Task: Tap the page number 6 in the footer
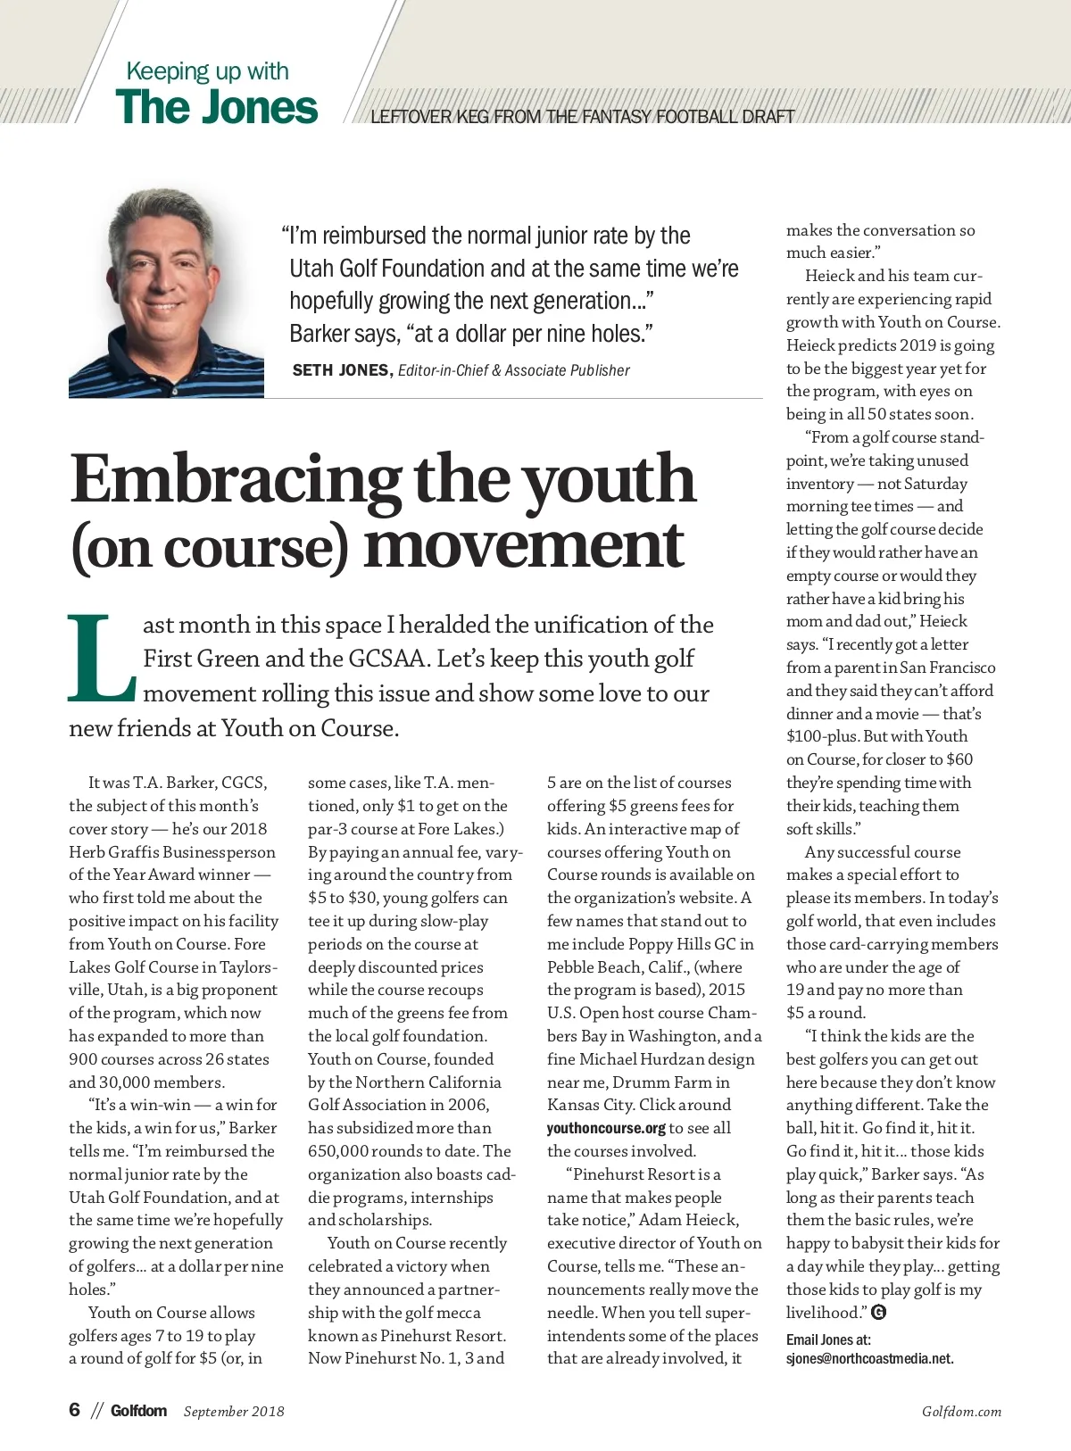75,1410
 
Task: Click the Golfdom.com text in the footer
961,1412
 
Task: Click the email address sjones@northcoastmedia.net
869,1359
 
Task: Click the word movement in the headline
524,545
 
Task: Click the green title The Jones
216,107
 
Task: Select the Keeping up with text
207,71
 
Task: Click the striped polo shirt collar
134,344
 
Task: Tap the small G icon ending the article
878,1312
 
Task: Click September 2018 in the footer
234,1412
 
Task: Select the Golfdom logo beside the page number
138,1411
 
